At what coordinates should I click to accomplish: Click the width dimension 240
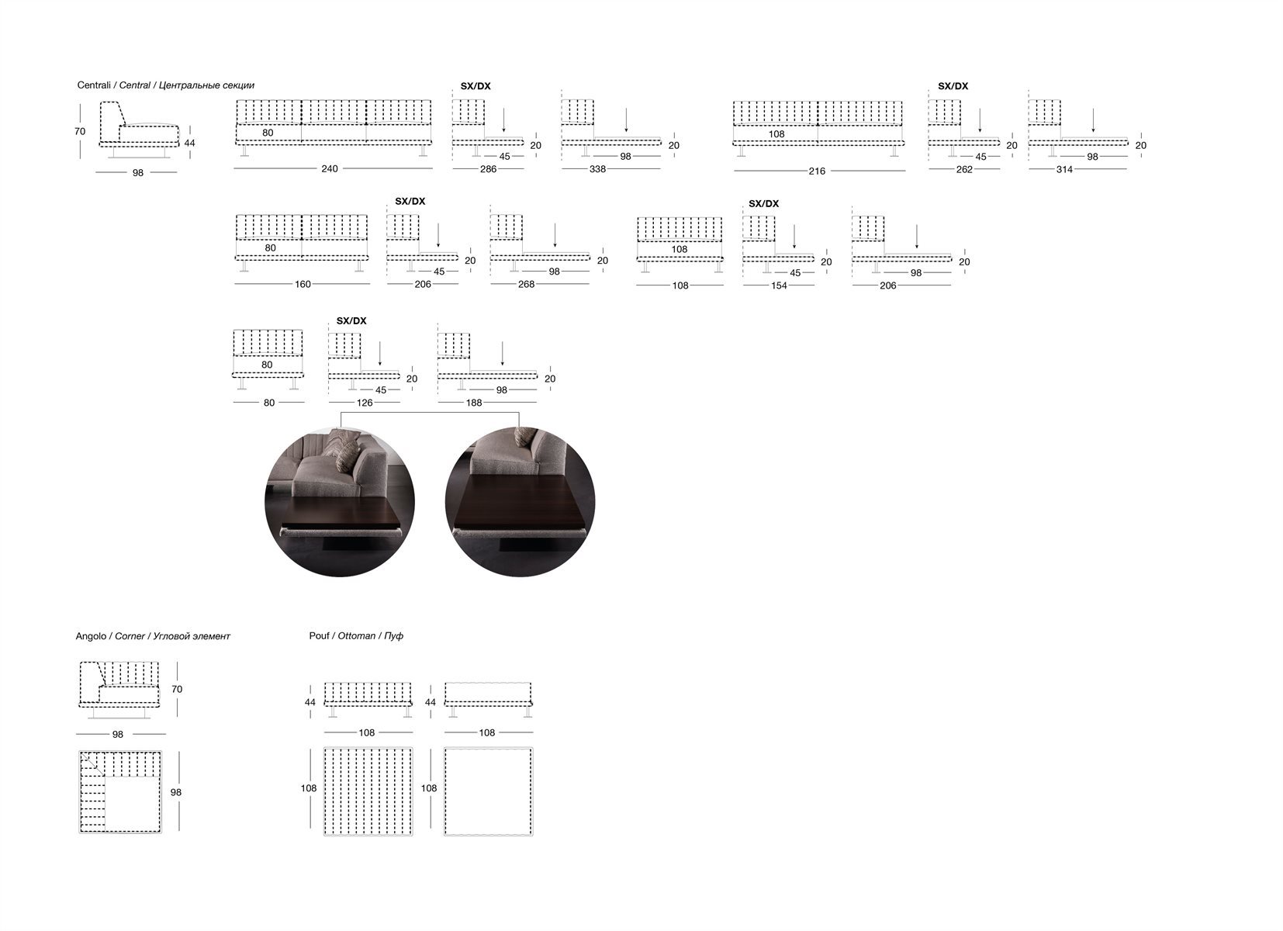330,169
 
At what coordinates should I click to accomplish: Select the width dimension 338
597,170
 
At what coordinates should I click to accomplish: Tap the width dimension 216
817,171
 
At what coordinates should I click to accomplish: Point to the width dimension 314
1064,170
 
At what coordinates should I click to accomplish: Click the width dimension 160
303,284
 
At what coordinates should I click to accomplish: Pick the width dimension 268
526,284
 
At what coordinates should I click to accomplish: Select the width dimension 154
779,286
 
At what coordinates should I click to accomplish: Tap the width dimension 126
365,403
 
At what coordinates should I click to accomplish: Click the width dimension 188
474,403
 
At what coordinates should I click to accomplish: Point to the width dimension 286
488,170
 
